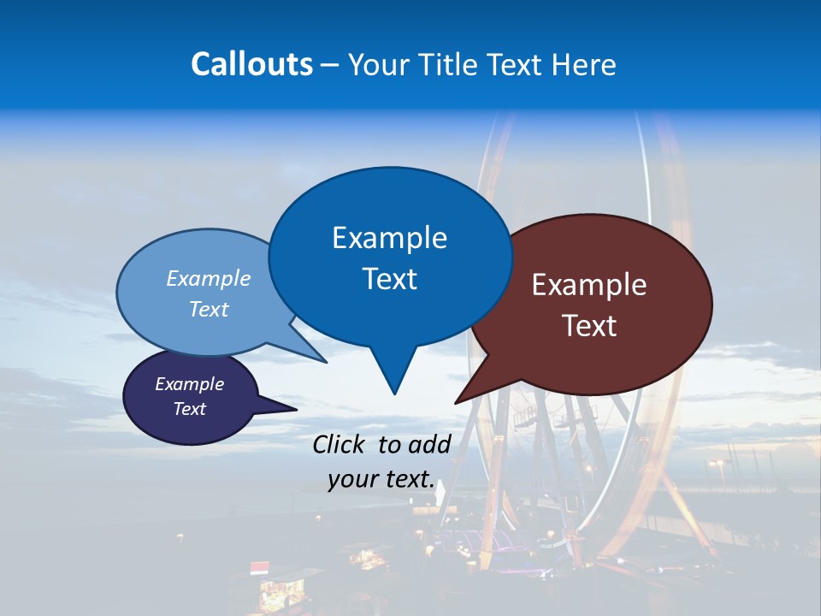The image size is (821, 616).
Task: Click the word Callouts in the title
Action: tap(251, 64)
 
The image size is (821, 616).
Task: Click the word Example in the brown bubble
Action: tap(589, 285)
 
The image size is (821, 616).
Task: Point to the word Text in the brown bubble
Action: tap(589, 326)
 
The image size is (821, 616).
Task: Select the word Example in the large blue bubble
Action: tap(389, 238)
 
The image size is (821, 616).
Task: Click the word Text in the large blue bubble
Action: tap(389, 279)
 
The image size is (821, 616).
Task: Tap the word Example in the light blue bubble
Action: tap(209, 278)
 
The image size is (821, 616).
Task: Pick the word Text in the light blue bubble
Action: tap(209, 309)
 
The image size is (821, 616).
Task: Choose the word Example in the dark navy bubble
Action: tap(190, 384)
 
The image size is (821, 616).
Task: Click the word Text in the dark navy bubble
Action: tap(190, 409)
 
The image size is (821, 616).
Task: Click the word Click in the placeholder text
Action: tap(340, 444)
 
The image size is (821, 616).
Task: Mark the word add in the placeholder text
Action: tap(429, 444)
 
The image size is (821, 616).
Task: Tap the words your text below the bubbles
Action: tap(381, 479)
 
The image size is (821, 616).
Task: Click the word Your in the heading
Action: tap(377, 64)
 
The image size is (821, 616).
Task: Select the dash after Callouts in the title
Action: tap(330, 64)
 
